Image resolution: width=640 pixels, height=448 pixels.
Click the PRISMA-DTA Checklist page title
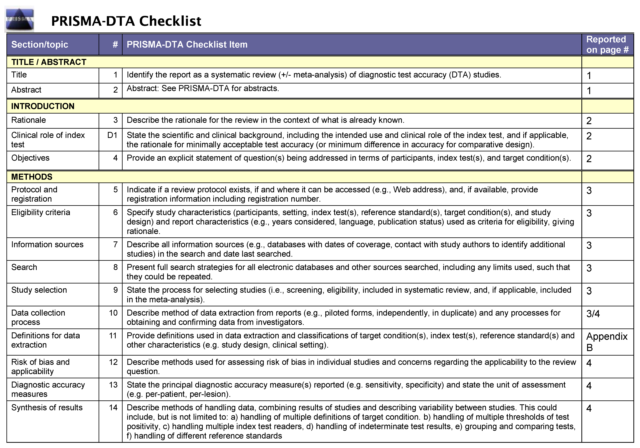point(126,21)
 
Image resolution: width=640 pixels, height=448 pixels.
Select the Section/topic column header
point(40,45)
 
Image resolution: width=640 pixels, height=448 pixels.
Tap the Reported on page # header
point(607,45)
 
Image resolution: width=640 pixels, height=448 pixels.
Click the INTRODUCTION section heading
point(43,106)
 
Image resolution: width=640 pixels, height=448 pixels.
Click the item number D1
point(112,135)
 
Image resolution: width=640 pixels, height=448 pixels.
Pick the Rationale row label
point(28,120)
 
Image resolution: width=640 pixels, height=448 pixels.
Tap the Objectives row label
point(30,158)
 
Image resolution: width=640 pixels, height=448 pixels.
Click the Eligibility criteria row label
point(41,213)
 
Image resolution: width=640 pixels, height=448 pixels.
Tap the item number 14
point(113,408)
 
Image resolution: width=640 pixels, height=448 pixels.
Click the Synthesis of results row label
point(47,408)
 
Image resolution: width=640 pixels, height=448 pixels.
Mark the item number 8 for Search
point(115,267)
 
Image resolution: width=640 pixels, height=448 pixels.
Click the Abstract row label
point(26,90)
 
